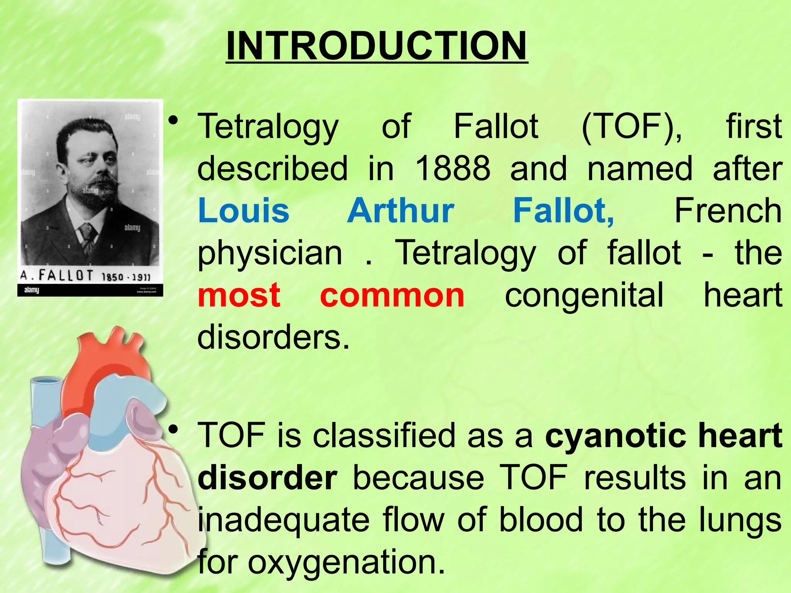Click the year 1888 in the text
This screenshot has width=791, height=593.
click(452, 168)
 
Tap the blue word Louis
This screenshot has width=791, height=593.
click(243, 210)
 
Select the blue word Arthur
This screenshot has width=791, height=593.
click(401, 210)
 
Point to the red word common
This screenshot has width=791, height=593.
click(392, 295)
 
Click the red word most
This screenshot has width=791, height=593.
click(239, 295)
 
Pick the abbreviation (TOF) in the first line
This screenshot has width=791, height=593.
click(631, 126)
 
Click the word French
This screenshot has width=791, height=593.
click(728, 210)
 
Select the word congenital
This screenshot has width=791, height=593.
click(584, 295)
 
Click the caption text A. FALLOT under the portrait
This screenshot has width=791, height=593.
click(57, 275)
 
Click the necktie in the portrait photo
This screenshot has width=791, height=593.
click(88, 236)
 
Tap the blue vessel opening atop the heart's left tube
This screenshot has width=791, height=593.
click(46, 381)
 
